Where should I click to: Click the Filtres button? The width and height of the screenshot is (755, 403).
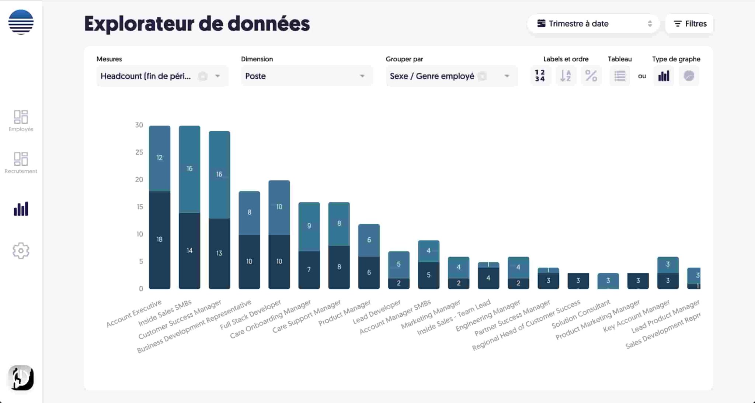pos(689,24)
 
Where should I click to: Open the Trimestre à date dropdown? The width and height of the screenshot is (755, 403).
pos(593,24)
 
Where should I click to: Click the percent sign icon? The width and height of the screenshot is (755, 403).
pos(591,76)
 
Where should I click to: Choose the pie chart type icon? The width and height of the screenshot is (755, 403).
pos(689,76)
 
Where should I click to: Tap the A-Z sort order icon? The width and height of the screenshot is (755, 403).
pos(566,76)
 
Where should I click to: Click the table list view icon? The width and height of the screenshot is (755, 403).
pos(619,76)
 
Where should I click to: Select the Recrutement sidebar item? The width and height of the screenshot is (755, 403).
pos(21,163)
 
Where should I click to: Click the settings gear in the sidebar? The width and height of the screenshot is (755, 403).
pos(21,251)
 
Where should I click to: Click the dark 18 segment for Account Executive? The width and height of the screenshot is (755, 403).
pos(160,240)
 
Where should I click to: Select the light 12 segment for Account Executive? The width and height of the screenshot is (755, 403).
pos(160,158)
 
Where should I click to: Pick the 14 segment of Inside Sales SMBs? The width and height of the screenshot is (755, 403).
pos(189,251)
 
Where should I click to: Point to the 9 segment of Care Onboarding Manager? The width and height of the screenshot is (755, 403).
pos(309,226)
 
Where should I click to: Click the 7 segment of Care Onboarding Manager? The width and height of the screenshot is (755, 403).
pos(309,269)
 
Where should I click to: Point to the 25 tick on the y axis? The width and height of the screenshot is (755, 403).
pos(139,152)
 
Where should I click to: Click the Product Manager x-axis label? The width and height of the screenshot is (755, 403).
pos(345,313)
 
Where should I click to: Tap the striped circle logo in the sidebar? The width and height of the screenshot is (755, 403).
pos(21,22)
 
